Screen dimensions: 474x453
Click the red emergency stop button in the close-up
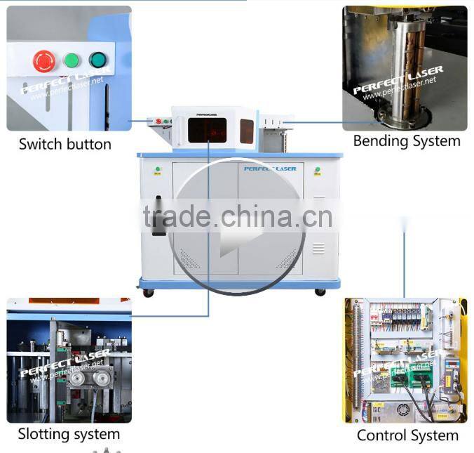coord(44,61)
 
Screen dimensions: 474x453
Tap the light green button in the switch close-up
coord(71,60)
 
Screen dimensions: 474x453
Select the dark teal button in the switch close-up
coord(97,60)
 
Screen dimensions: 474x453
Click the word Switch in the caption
coord(39,145)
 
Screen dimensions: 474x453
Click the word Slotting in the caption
coord(43,434)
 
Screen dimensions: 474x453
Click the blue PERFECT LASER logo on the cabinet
coord(270,169)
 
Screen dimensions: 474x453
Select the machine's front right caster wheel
coord(320,291)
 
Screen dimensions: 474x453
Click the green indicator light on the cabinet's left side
coord(158,169)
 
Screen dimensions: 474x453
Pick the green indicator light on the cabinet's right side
coord(318,169)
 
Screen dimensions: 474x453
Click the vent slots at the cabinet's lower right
coord(318,248)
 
